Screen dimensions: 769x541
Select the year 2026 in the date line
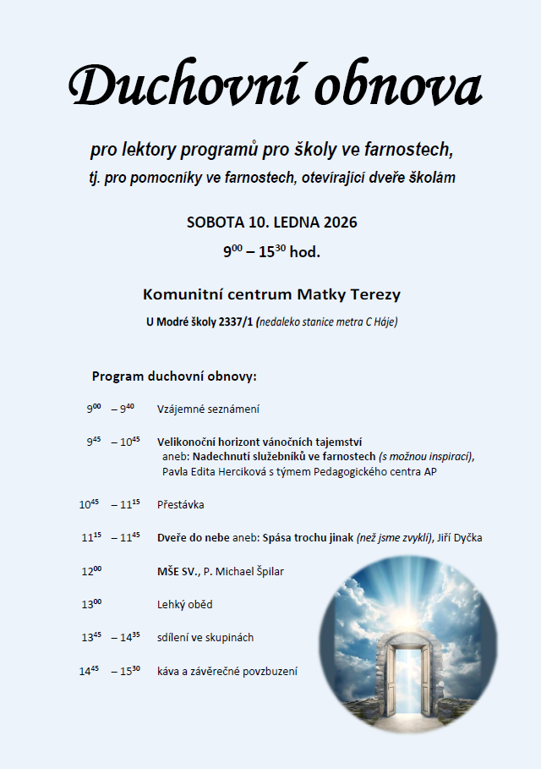[340, 223]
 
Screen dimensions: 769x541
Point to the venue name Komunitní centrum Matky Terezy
[271, 294]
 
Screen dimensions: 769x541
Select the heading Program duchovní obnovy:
[173, 376]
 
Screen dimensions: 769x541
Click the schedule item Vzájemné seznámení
[208, 409]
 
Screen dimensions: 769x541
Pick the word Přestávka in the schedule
[181, 505]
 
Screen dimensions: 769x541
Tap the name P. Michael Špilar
[245, 571]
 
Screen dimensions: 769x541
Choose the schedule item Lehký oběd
[184, 604]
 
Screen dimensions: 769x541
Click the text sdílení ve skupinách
[205, 638]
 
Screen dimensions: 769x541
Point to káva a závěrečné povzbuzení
[227, 671]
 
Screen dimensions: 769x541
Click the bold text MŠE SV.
[178, 571]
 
